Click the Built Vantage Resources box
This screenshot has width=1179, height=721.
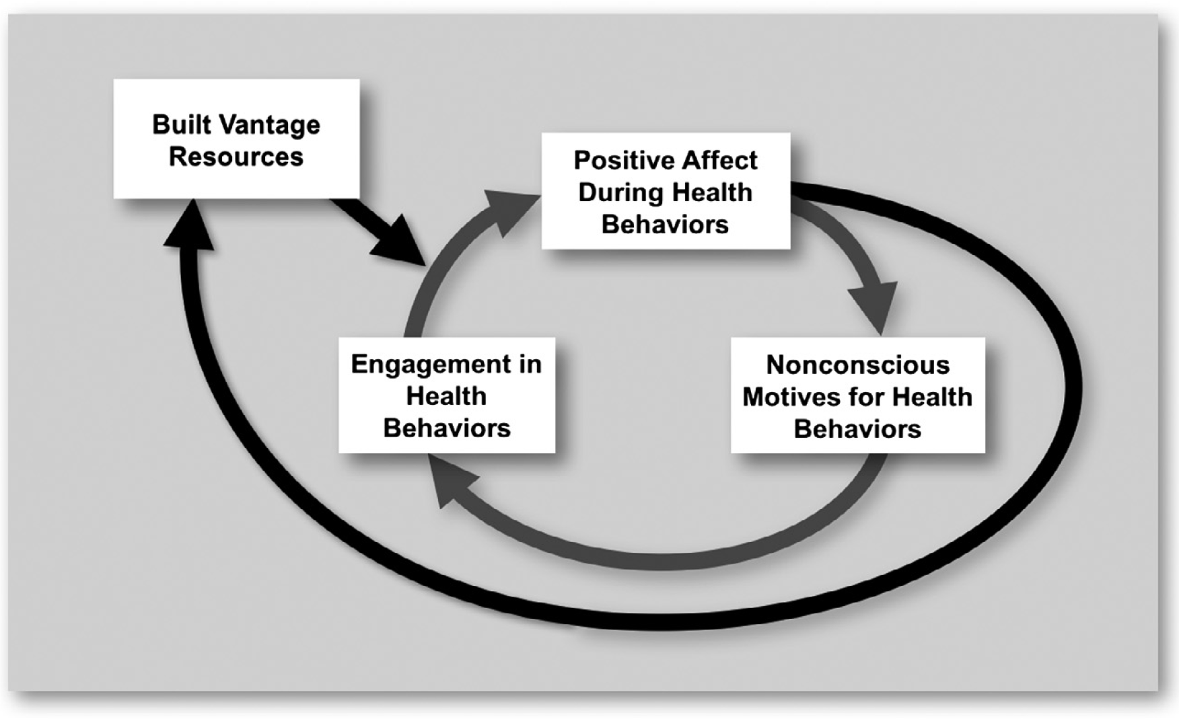point(236,139)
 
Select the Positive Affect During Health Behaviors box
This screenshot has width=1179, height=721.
point(666,191)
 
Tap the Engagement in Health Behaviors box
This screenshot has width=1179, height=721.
point(447,395)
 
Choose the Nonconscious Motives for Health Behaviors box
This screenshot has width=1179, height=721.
point(857,396)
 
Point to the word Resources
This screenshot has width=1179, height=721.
point(236,157)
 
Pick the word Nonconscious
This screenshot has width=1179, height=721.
point(857,365)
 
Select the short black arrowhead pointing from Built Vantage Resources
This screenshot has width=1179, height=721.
point(398,242)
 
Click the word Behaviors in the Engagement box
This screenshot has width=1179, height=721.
point(447,428)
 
